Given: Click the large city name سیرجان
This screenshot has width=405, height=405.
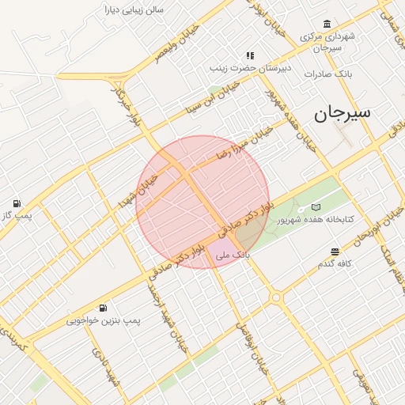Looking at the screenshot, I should [x=342, y=113].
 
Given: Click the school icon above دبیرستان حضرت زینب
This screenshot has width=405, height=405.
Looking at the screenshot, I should [x=250, y=55].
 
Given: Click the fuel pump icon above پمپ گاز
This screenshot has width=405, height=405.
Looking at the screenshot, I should [x=17, y=203].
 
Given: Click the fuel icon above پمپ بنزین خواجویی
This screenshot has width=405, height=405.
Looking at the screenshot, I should [x=103, y=308].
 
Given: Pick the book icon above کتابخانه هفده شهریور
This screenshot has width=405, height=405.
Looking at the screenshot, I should [x=316, y=206].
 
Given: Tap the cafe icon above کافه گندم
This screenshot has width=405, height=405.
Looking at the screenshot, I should [x=335, y=251].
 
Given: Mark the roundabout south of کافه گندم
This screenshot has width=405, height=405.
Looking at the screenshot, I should [x=275, y=298].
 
